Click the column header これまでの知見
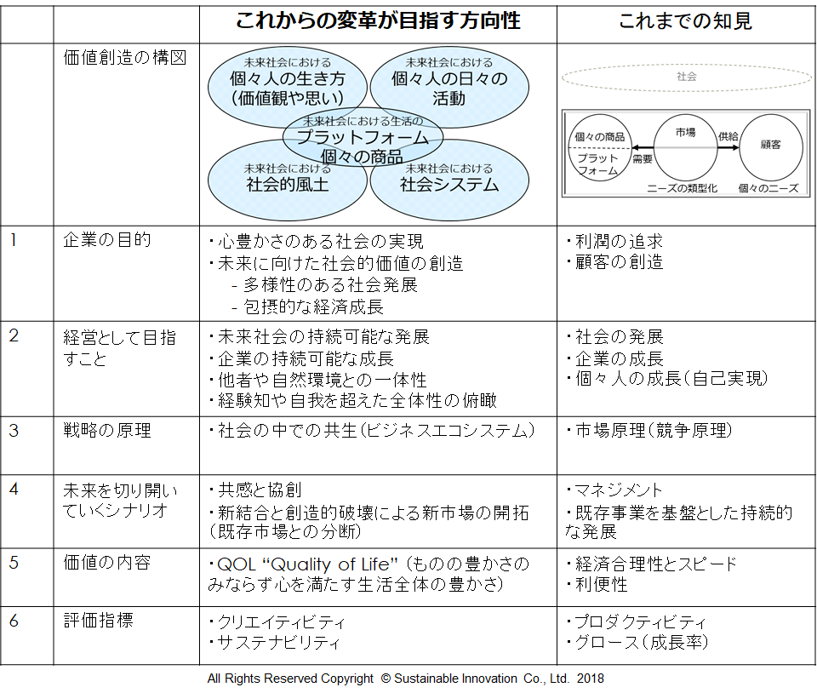click(685, 21)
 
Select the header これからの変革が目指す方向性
click(378, 20)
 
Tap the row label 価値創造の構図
click(125, 57)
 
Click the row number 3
click(14, 431)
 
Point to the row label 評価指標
click(99, 620)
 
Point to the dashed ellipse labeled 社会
click(687, 66)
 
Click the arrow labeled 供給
click(728, 147)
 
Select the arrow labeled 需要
click(643, 148)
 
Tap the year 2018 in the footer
click(591, 679)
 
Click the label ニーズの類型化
click(682, 188)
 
